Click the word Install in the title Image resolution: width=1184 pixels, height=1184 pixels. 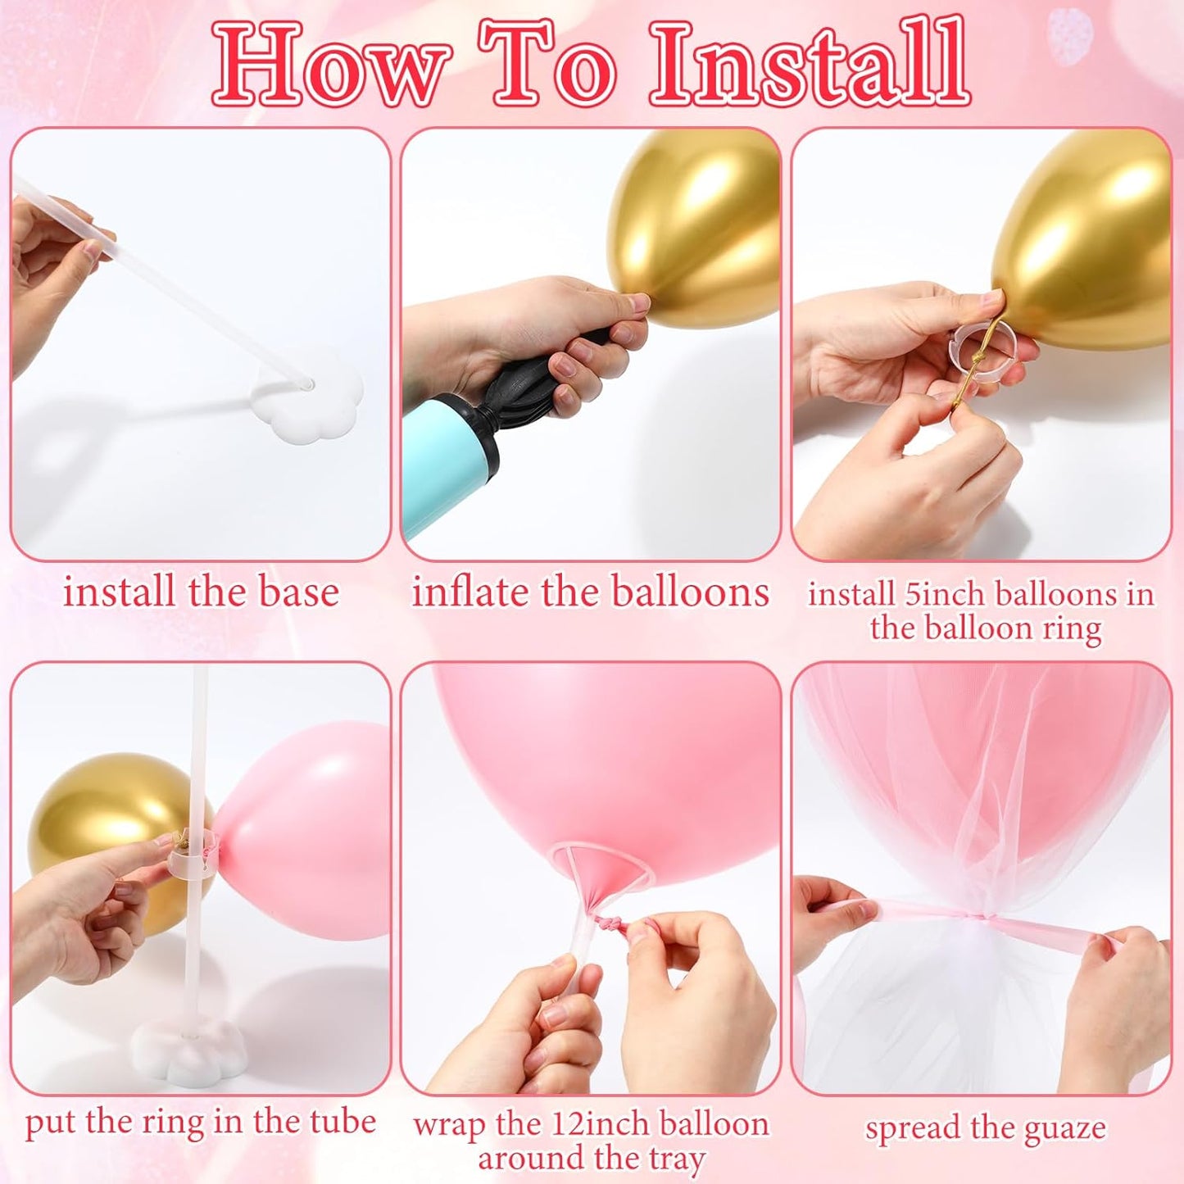pos(810,64)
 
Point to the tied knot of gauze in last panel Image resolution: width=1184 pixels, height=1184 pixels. pos(978,919)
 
